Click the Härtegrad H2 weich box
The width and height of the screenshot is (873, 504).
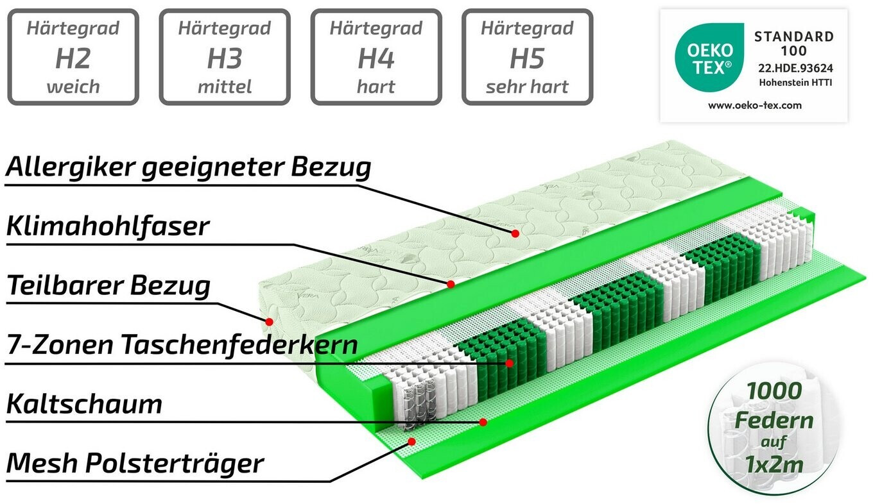pos(73,57)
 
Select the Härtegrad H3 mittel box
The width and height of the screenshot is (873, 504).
pos(225,57)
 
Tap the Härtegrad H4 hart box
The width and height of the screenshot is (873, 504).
pos(376,57)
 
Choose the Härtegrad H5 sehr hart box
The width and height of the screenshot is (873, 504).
pos(527,57)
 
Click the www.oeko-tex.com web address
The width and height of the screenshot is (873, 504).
pos(755,105)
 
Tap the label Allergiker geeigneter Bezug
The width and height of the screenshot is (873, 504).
pos(189,167)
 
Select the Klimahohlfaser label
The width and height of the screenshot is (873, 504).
pos(108,226)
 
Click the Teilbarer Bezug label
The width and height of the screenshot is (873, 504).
pos(108,285)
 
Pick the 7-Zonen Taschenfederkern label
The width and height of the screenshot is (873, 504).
pos(182,345)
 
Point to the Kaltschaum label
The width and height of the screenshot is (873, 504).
pos(84,405)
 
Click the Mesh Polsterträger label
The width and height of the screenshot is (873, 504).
pos(135,462)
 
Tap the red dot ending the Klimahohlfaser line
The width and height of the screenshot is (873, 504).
pos(451,283)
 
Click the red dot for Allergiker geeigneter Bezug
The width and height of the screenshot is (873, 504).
pos(515,234)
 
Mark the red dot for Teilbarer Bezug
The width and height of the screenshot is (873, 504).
pos(269,321)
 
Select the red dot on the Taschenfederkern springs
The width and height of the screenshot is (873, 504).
pos(509,363)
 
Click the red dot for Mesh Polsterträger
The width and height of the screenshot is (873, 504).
pos(411,441)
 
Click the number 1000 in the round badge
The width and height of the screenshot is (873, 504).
pos(774,390)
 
